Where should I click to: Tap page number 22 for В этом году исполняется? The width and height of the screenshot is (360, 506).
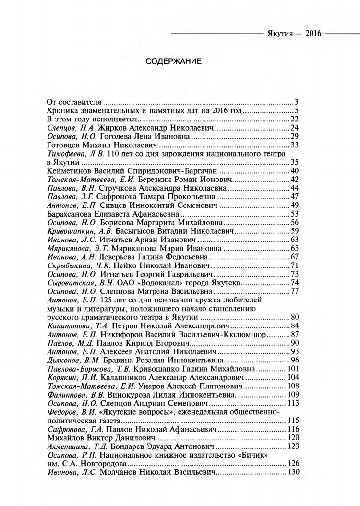296,120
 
